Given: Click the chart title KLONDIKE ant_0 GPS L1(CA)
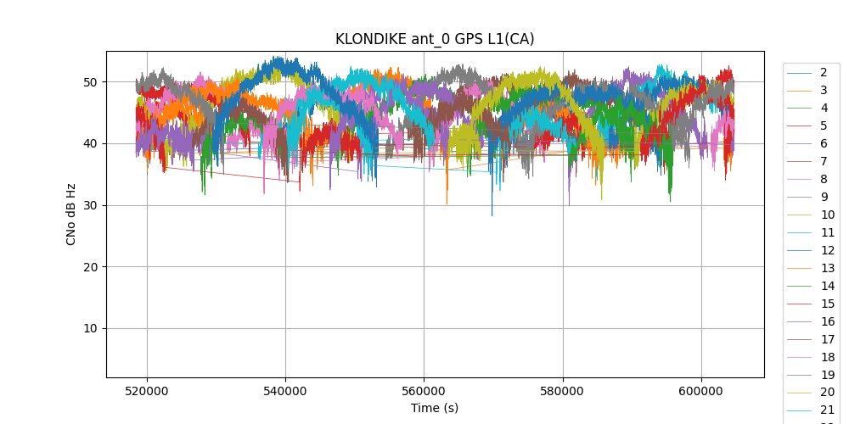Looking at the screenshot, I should [x=435, y=39].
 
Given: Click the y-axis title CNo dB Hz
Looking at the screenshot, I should [x=71, y=214].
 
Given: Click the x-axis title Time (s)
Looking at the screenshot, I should [x=435, y=408].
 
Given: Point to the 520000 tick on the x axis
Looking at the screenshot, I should [x=148, y=390].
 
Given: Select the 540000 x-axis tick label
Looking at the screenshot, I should [x=286, y=390].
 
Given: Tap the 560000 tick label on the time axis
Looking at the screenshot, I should [x=424, y=390].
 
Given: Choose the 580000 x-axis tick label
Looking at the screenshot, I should [x=563, y=390].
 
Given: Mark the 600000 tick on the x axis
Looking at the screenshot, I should [x=701, y=390].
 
